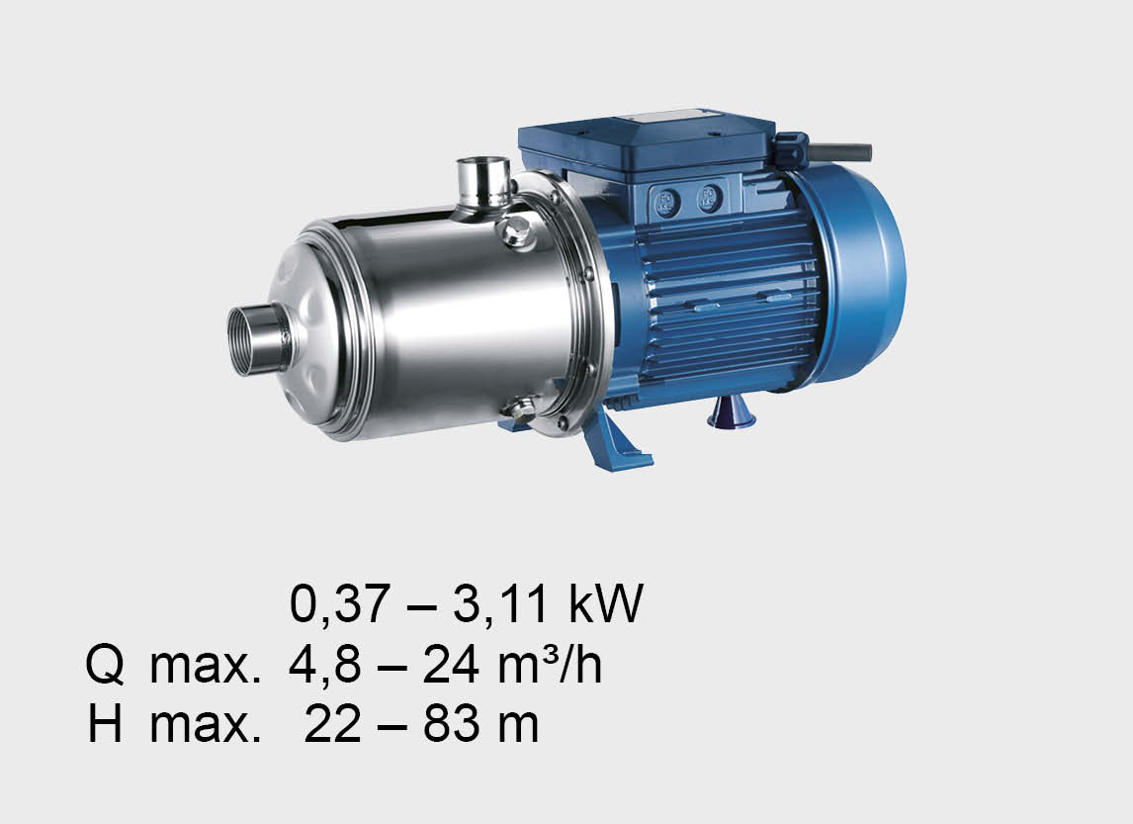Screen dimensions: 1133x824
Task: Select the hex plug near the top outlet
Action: point(514,232)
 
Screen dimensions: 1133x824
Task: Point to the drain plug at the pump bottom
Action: point(517,410)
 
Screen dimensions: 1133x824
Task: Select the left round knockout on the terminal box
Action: point(665,202)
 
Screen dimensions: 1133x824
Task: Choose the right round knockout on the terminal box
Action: point(710,197)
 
